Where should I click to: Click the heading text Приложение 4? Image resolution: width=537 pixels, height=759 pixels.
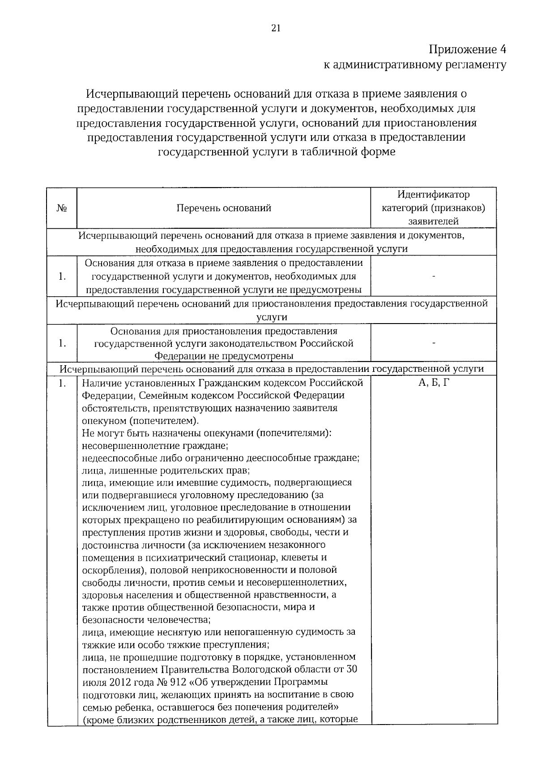point(468,49)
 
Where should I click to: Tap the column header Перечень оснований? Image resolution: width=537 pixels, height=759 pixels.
point(224,208)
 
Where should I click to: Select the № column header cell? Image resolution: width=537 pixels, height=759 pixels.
point(62,208)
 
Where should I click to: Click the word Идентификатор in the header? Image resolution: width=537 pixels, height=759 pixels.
point(433,195)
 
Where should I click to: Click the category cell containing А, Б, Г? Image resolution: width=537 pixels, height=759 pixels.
point(433,383)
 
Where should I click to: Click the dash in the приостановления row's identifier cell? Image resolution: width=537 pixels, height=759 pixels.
point(433,343)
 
